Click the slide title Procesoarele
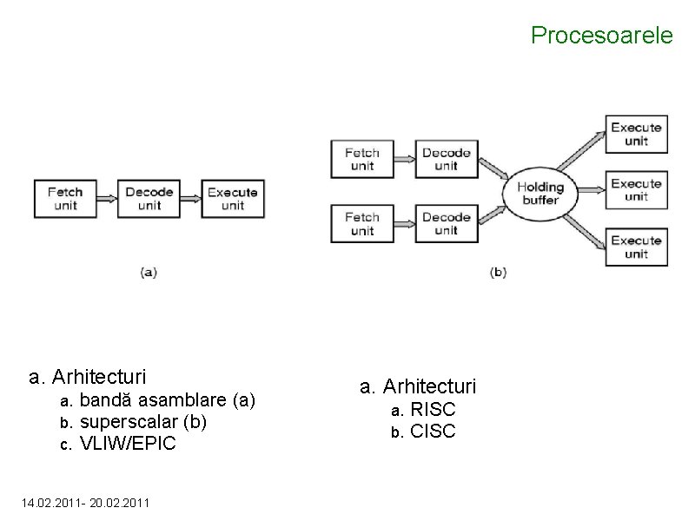point(601,36)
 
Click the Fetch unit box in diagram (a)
point(65,199)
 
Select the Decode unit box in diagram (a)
point(149,199)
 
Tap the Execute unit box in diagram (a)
point(232,199)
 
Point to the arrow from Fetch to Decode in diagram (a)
point(107,199)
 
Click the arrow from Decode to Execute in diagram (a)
point(190,199)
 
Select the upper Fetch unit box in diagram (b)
point(362,160)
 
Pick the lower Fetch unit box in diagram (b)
point(362,223)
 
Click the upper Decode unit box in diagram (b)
point(446,160)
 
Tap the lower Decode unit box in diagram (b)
point(446,223)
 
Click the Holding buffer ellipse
point(540,193)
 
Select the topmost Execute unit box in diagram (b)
point(636,134)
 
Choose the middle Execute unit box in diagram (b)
point(636,190)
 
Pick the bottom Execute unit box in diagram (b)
point(636,247)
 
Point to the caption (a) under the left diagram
point(149,272)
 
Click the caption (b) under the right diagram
point(498,272)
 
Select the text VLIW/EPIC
point(128,444)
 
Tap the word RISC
point(434,409)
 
